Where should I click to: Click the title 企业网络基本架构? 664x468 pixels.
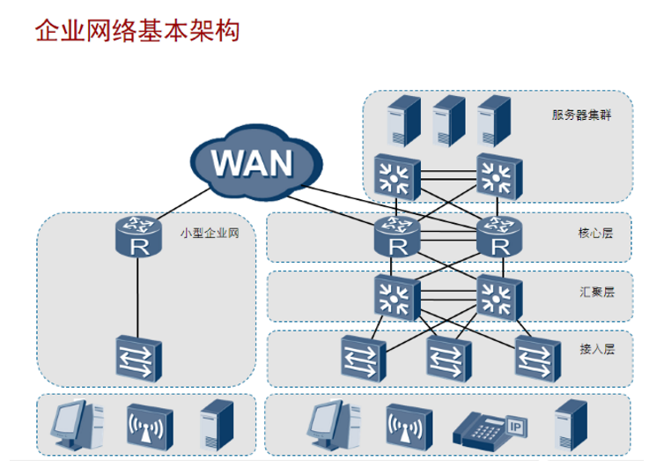point(136,32)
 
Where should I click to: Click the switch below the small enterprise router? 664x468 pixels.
point(138,358)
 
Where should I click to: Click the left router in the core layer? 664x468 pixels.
point(395,236)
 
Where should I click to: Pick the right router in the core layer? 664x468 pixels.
point(498,236)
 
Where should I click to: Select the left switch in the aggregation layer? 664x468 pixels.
point(395,295)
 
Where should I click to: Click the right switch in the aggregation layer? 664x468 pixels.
point(498,295)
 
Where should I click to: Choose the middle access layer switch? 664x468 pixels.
point(446,356)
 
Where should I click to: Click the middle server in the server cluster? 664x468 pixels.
point(447,120)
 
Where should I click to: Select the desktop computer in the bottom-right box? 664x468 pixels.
point(328,423)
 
